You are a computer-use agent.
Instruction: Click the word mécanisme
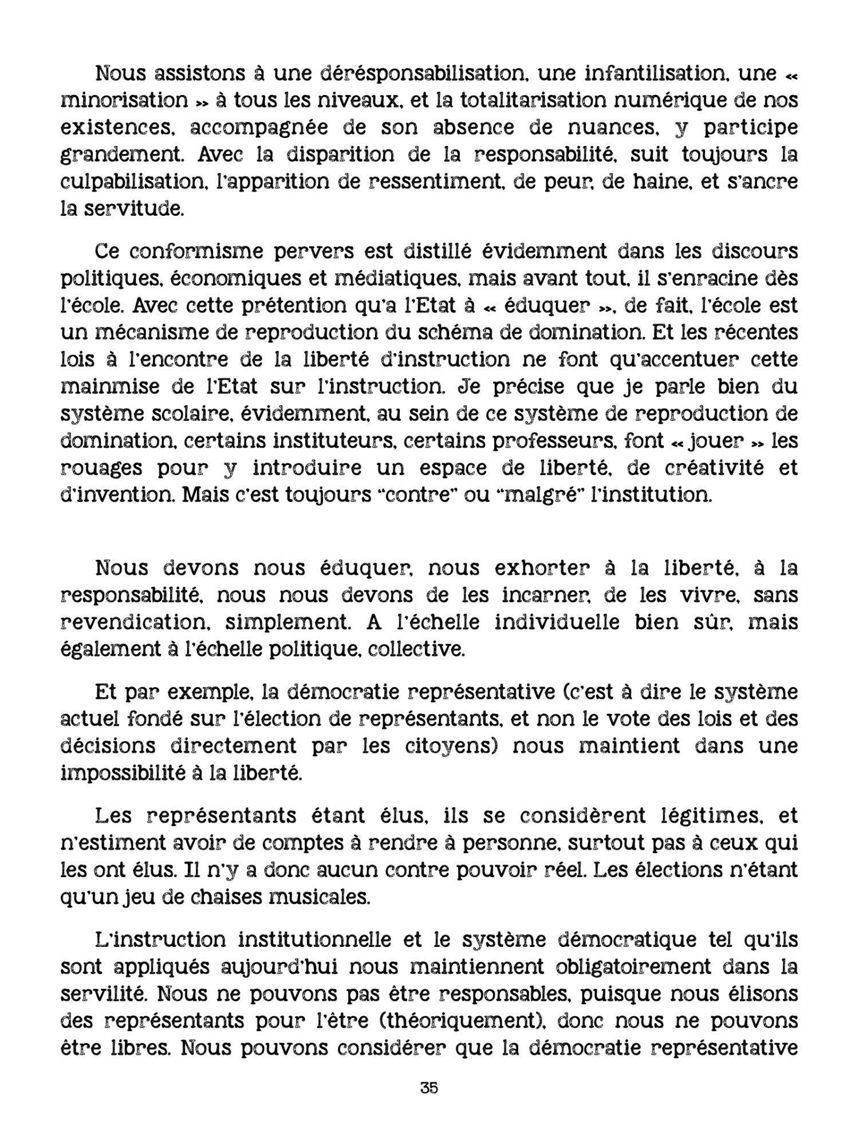(173, 333)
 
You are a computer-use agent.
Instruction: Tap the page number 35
(429, 1103)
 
